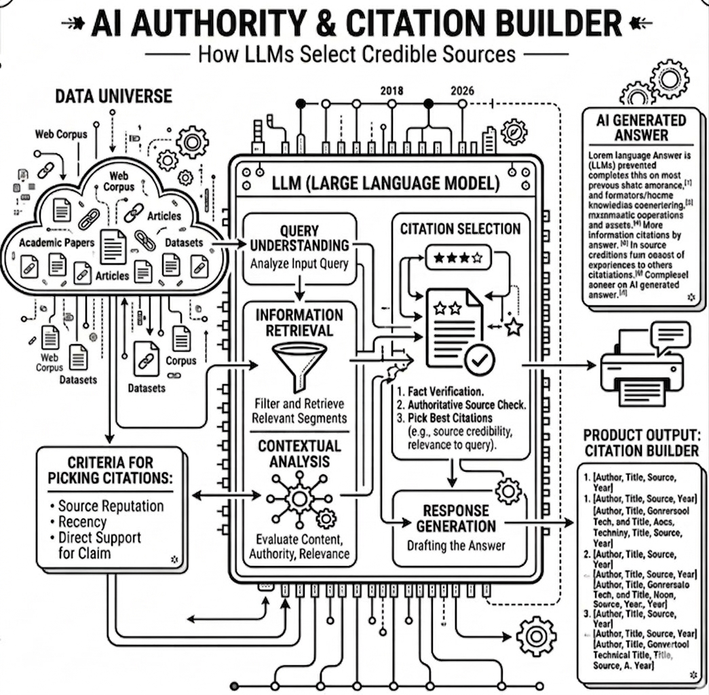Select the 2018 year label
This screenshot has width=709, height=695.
[x=393, y=91]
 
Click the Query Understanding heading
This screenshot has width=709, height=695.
[x=299, y=238]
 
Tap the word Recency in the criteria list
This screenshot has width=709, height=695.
[x=82, y=522]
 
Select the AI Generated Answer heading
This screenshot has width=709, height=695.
[x=640, y=127]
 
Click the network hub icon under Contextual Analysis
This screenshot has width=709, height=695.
[x=298, y=500]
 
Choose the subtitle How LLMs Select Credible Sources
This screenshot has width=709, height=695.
[x=357, y=54]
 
